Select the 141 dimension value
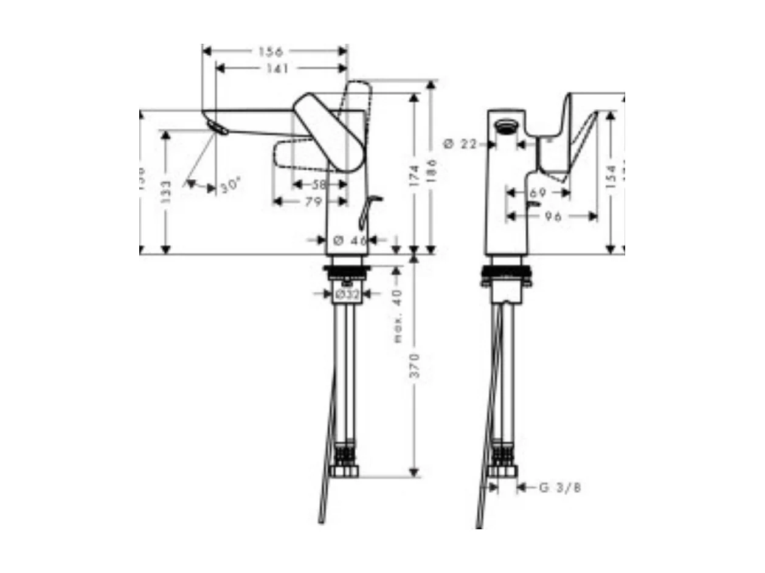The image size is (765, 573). [x=277, y=69]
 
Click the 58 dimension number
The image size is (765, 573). [x=319, y=184]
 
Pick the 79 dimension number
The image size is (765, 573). [x=313, y=202]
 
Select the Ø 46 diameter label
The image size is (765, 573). [x=351, y=240]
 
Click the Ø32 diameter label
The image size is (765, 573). [x=347, y=294]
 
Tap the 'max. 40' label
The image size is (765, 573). [x=398, y=316]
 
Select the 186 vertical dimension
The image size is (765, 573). [x=432, y=172]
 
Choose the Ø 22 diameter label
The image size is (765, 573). [x=460, y=144]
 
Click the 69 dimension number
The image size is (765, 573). [x=538, y=193]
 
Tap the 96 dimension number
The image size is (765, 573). [x=553, y=216]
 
